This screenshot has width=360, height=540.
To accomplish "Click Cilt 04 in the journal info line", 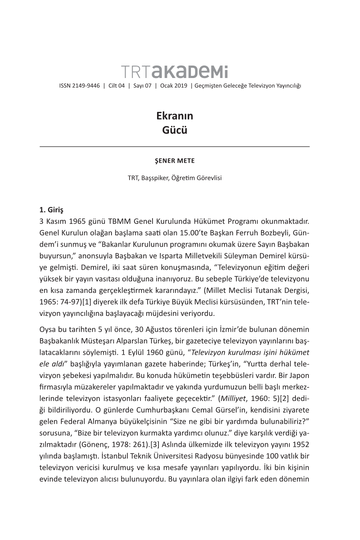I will coord(116,86).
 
